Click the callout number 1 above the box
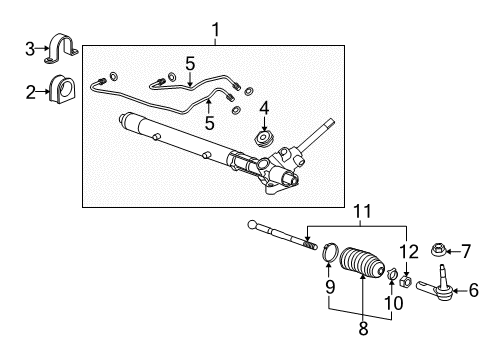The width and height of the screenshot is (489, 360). [x=214, y=31]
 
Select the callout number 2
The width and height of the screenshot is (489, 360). [x=30, y=93]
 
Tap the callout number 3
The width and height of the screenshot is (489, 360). [x=30, y=47]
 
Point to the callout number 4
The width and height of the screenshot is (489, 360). [x=264, y=106]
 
